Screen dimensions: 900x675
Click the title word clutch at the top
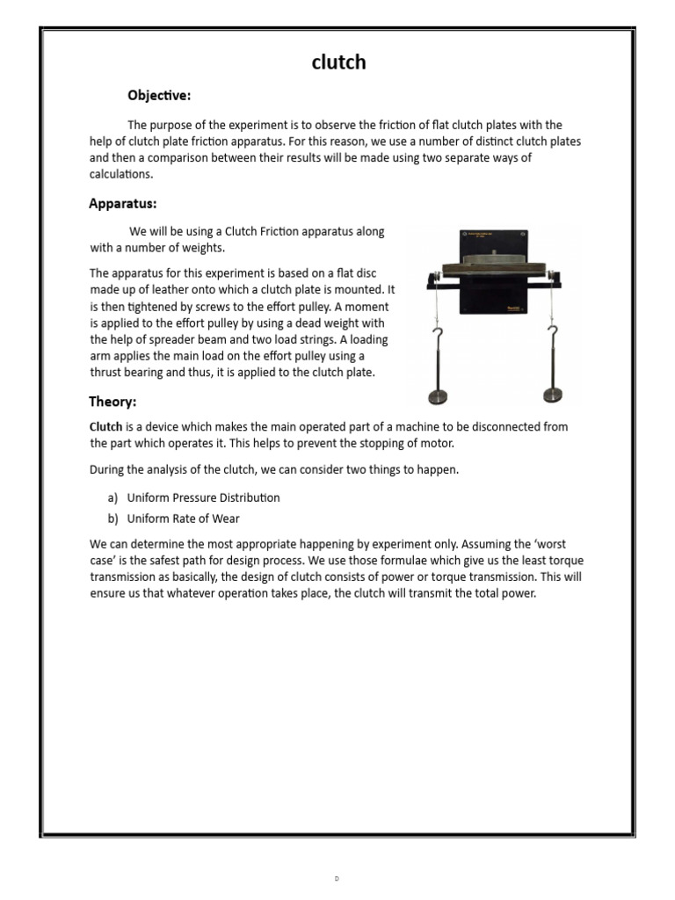pyautogui.click(x=338, y=62)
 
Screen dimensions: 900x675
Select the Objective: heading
pyautogui.click(x=159, y=95)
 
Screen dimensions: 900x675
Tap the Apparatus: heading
pyautogui.click(x=123, y=204)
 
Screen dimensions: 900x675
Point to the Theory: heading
pyautogui.click(x=112, y=402)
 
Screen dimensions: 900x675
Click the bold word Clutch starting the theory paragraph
pyautogui.click(x=106, y=427)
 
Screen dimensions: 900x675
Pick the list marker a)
pyautogui.click(x=114, y=497)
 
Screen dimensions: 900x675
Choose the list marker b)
pyautogui.click(x=114, y=519)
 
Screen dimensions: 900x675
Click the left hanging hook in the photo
pyautogui.click(x=437, y=337)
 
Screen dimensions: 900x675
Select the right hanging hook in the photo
pyautogui.click(x=552, y=336)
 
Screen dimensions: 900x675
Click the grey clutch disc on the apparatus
pyautogui.click(x=492, y=260)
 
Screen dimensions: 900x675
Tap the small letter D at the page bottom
pyautogui.click(x=337, y=879)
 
